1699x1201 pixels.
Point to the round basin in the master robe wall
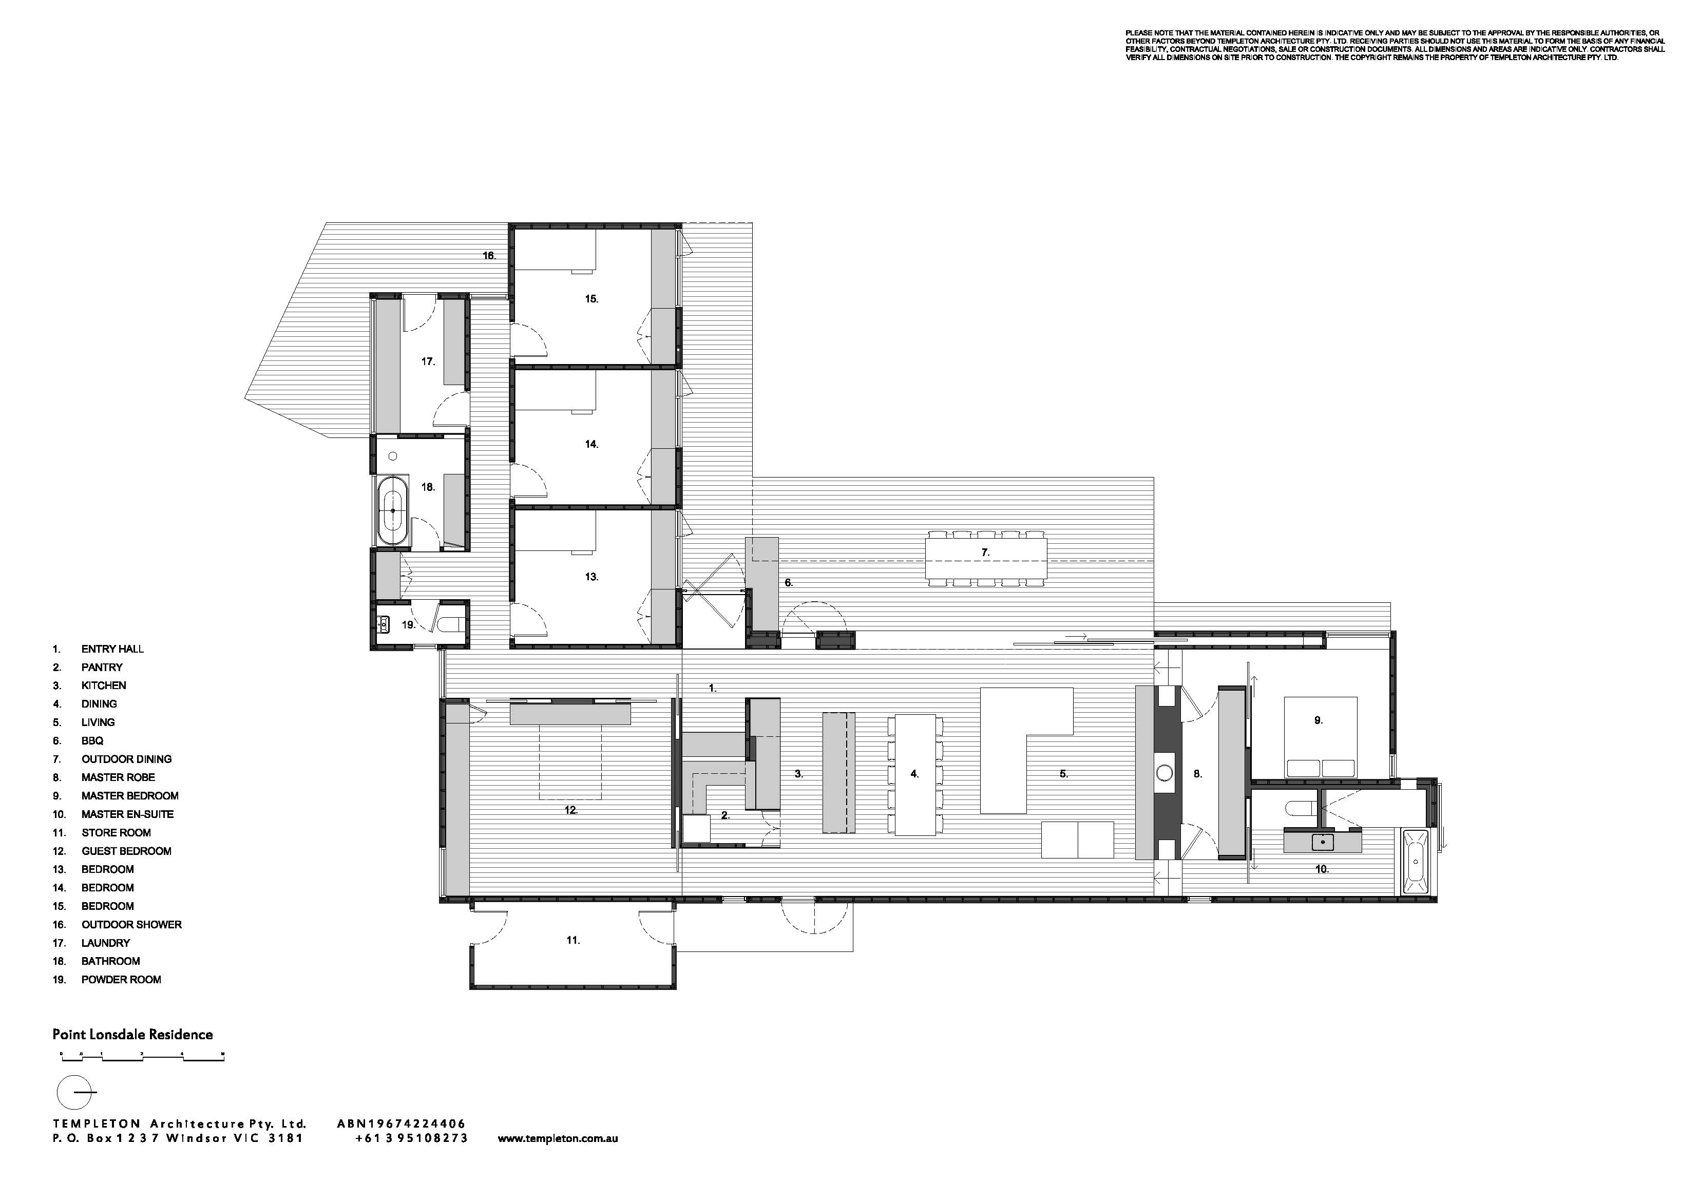click(x=1164, y=774)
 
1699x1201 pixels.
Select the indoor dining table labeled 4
click(x=916, y=774)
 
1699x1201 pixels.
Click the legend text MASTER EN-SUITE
click(x=128, y=814)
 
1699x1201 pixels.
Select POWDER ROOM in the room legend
click(x=121, y=979)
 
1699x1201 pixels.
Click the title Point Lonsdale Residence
click(x=132, y=1035)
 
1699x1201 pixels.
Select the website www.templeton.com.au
click(x=558, y=1139)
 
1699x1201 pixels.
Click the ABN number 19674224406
click(x=401, y=1124)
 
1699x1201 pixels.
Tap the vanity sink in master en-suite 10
click(x=1322, y=842)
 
